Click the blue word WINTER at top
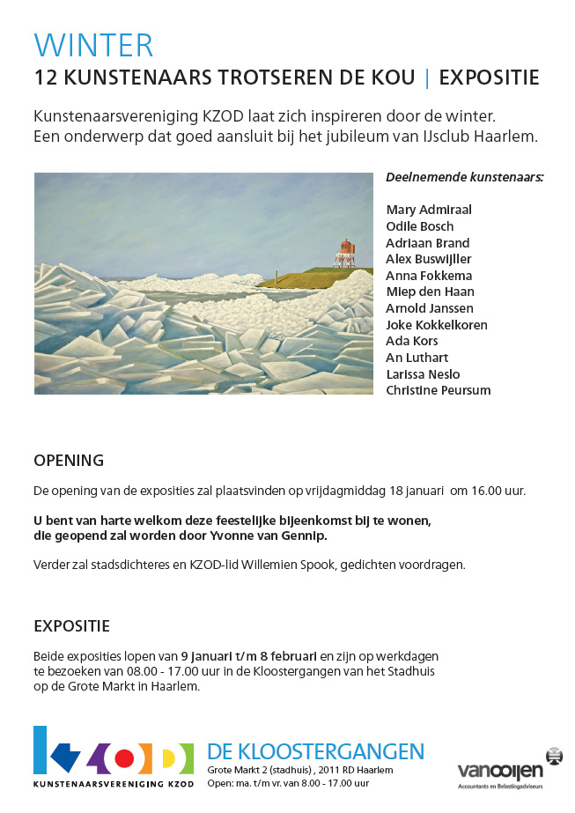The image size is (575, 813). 93,45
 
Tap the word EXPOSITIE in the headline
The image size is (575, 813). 489,78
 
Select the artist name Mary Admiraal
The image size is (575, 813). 429,210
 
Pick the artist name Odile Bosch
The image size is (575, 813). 420,226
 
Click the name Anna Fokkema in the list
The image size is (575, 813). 430,275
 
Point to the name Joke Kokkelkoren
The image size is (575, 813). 436,324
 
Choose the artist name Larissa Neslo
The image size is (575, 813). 423,373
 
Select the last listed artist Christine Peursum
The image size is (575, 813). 438,390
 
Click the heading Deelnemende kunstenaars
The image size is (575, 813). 464,177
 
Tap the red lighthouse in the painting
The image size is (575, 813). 347,251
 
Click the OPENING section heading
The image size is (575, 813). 69,461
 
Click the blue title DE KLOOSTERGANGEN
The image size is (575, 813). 316,751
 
